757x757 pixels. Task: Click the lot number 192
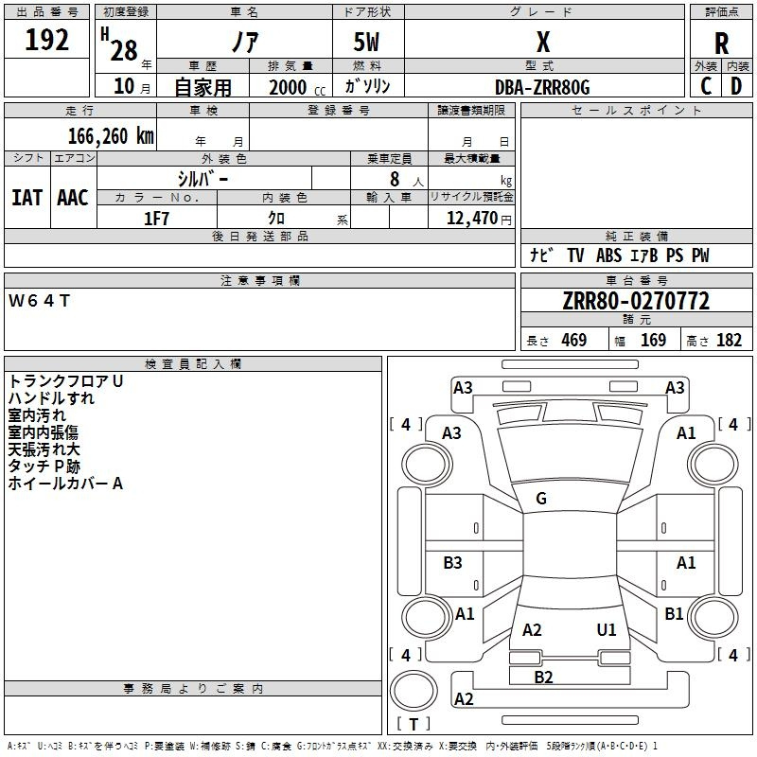point(47,40)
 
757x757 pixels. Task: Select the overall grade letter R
point(721,43)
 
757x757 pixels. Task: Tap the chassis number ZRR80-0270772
point(635,301)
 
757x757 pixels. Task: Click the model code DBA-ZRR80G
point(542,87)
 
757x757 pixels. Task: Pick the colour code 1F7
point(156,219)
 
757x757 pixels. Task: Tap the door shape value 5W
point(367,43)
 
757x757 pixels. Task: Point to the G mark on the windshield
point(541,499)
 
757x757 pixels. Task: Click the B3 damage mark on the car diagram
point(453,563)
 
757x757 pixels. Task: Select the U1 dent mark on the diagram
point(607,629)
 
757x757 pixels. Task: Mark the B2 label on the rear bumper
point(543,677)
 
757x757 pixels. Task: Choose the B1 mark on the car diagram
point(674,614)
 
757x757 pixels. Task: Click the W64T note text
point(40,301)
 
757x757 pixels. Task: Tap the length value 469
point(573,341)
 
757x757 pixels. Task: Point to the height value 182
point(729,341)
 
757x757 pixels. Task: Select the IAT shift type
point(26,197)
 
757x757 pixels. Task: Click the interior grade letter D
point(736,85)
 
